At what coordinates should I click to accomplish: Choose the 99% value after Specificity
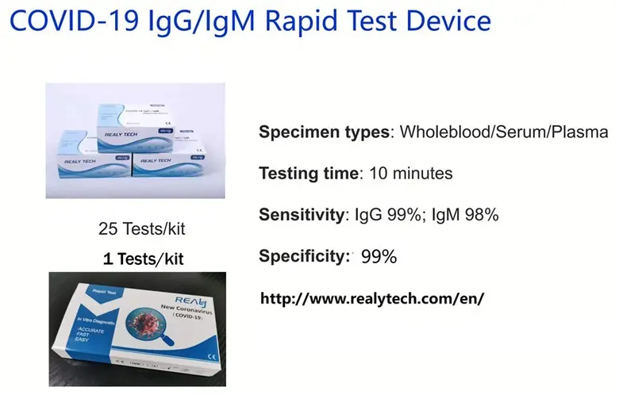pyautogui.click(x=379, y=256)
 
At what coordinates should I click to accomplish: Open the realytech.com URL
pyautogui.click(x=372, y=298)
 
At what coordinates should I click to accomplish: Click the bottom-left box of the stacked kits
pyautogui.click(x=87, y=167)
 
